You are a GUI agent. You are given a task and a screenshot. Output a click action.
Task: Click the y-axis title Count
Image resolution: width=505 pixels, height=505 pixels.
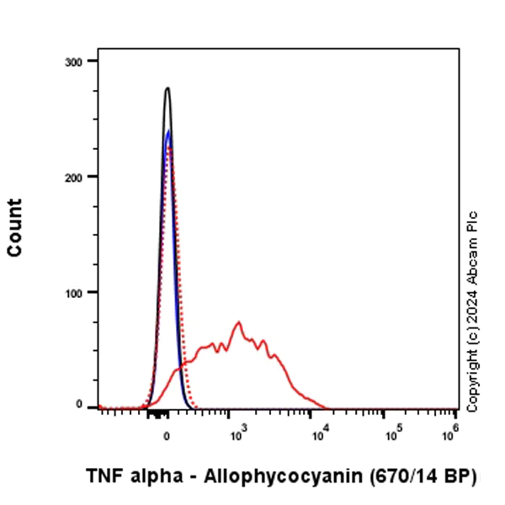click(15, 228)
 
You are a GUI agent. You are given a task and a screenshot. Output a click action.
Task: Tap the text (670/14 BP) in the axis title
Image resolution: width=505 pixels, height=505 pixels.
click(423, 476)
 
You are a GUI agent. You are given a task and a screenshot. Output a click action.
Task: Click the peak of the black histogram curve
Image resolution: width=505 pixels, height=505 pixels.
click(167, 88)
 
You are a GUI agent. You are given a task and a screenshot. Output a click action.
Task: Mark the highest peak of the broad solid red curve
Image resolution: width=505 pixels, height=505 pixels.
click(239, 322)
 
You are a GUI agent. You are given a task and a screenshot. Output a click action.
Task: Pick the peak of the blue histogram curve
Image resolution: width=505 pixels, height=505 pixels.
click(168, 130)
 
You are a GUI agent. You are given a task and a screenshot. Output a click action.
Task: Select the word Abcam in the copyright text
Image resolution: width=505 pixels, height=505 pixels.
click(472, 257)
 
